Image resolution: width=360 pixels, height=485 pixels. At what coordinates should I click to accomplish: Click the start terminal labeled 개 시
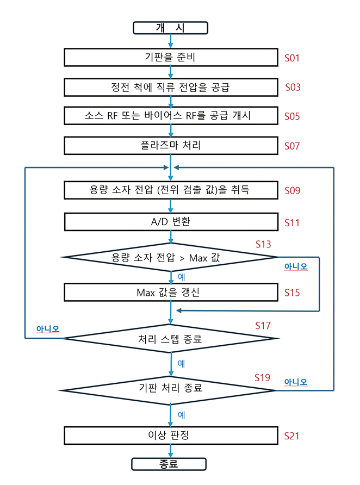pyautogui.click(x=171, y=28)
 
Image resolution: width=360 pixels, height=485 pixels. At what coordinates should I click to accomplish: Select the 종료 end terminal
pyautogui.click(x=169, y=464)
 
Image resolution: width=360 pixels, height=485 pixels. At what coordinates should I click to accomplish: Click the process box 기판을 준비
pyautogui.click(x=171, y=57)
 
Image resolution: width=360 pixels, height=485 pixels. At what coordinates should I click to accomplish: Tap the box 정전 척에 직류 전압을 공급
pyautogui.click(x=171, y=87)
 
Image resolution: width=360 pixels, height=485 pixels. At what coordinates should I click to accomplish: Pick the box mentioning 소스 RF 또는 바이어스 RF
pyautogui.click(x=171, y=116)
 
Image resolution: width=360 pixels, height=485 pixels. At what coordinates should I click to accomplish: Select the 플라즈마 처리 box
pyautogui.click(x=171, y=146)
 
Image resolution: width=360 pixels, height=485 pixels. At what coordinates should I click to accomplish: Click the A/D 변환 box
pyautogui.click(x=171, y=222)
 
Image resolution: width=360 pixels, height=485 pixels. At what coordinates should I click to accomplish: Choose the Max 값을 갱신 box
pyautogui.click(x=171, y=293)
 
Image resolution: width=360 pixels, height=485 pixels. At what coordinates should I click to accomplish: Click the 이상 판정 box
pyautogui.click(x=171, y=436)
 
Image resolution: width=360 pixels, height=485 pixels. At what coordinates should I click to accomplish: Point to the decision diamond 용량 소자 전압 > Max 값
pyautogui.click(x=171, y=257)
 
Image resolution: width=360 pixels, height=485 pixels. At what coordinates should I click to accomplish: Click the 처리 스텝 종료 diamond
pyautogui.click(x=171, y=339)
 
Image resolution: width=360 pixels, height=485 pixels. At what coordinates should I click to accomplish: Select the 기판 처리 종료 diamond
pyautogui.click(x=171, y=390)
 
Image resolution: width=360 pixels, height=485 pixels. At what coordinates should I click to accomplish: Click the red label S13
pyautogui.click(x=263, y=245)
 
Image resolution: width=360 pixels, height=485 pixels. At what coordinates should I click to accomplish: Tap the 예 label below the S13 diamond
pyautogui.click(x=182, y=277)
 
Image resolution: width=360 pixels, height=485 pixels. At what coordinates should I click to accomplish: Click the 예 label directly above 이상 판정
pyautogui.click(x=182, y=415)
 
